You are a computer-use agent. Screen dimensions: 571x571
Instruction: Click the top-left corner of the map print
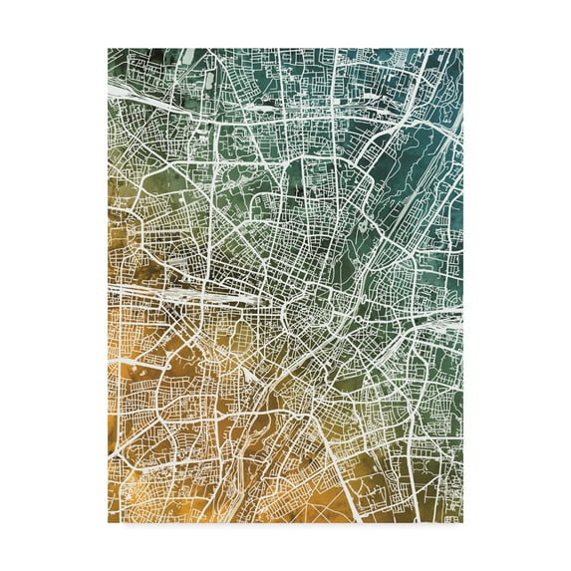click(109, 49)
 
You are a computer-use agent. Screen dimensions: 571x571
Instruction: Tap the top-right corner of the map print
click(462, 49)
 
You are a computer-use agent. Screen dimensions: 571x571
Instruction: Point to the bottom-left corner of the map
click(109, 521)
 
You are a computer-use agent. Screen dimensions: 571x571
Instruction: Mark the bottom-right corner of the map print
click(462, 521)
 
